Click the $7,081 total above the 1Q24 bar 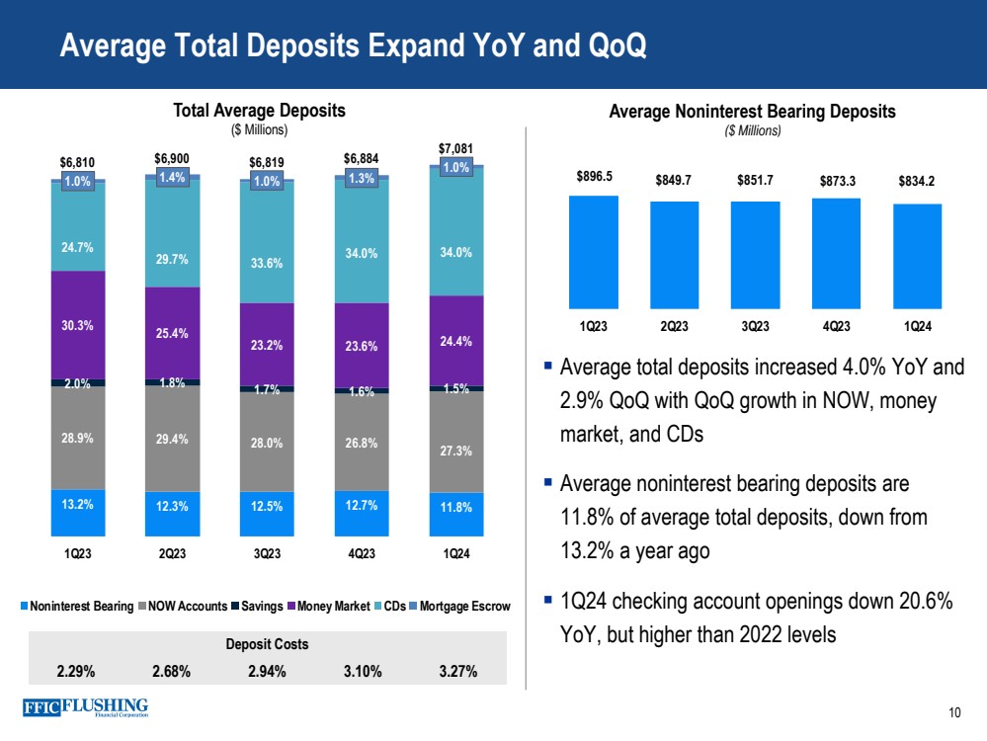click(x=455, y=148)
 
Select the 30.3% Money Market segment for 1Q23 click(x=77, y=324)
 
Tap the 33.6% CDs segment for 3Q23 click(x=267, y=263)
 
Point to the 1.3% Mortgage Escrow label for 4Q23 click(x=361, y=179)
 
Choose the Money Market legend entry click(x=331, y=606)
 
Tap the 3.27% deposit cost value click(x=455, y=672)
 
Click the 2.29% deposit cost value click(x=77, y=672)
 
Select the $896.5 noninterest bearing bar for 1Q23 click(x=594, y=252)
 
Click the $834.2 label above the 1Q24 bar click(x=918, y=181)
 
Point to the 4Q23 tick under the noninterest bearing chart click(x=836, y=326)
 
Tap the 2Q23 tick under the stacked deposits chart click(x=172, y=552)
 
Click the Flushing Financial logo click(x=84, y=708)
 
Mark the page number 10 click(x=953, y=713)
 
